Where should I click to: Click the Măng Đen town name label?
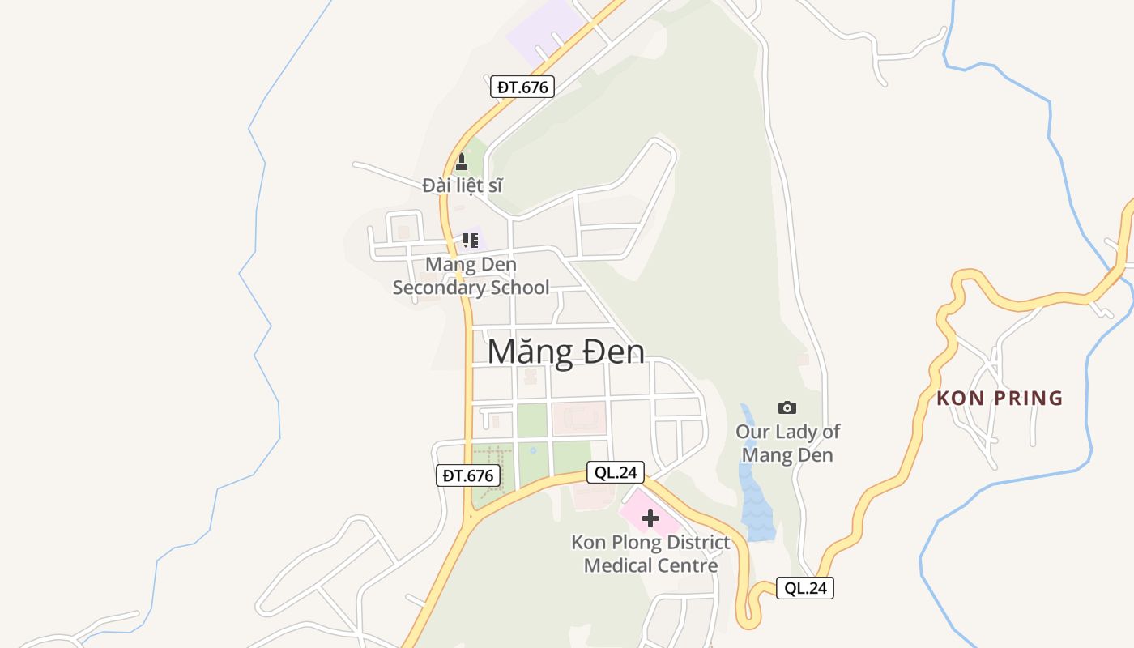coord(566,352)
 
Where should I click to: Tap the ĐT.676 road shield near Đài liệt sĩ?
coord(522,87)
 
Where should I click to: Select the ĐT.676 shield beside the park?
coord(467,475)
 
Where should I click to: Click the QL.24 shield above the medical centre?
coord(615,472)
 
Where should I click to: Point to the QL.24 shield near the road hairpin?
coord(805,588)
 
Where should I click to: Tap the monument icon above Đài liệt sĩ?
coord(462,161)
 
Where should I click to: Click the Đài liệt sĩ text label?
coord(463,185)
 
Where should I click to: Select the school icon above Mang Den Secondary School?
coord(470,240)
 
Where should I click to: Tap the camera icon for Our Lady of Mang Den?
coord(787,407)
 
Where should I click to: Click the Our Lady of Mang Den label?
coord(787,443)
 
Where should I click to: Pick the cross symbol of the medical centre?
coord(650,518)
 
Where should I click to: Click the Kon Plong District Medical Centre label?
coord(650,554)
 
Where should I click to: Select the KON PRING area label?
coord(1000,398)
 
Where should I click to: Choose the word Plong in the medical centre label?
coord(637,543)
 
